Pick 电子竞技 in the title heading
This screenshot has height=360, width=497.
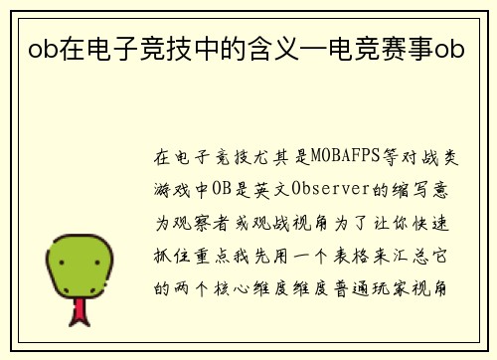coord(125,47)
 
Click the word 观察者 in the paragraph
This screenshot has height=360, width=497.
coord(202,211)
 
